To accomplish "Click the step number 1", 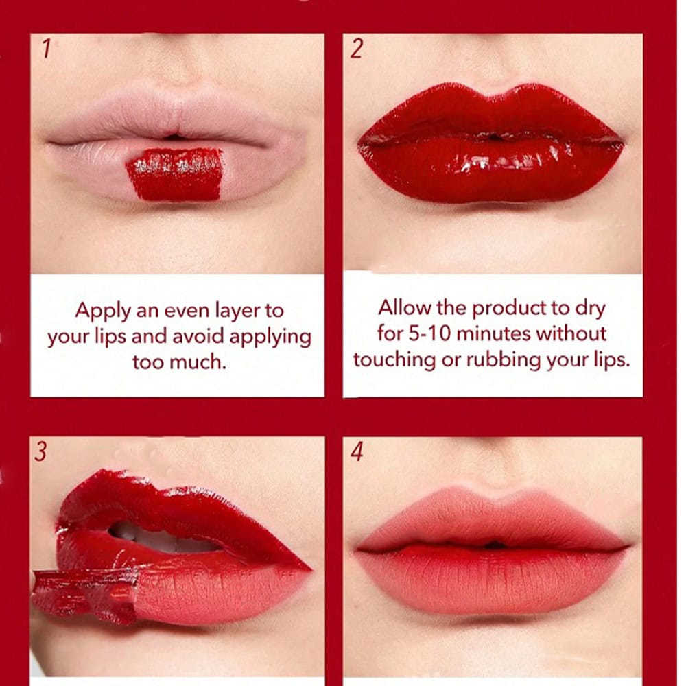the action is click(x=46, y=48).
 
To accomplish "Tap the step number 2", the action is click(x=357, y=48).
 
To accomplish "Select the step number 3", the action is click(x=40, y=451).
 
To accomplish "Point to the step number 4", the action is click(x=357, y=451).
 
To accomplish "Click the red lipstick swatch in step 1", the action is click(x=175, y=174).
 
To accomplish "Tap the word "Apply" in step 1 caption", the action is click(x=103, y=311).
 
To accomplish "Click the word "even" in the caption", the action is click(x=187, y=311).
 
